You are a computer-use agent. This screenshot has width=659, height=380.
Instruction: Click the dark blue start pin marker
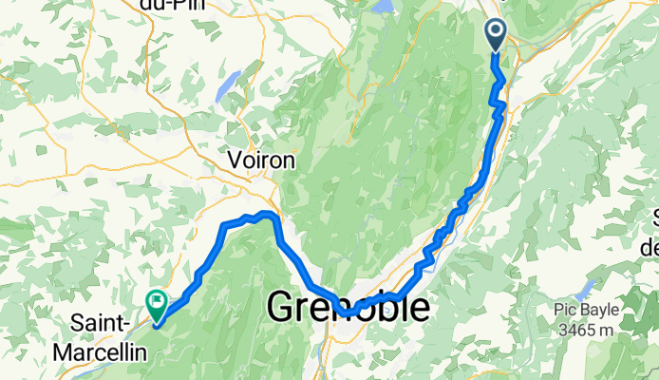pyautogui.click(x=497, y=34)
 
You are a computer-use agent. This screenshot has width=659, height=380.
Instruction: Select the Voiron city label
pyautogui.click(x=261, y=161)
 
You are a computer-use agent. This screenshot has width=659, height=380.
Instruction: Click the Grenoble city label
pyautogui.click(x=347, y=308)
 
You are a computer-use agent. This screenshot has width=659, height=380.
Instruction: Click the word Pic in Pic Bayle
pyautogui.click(x=569, y=310)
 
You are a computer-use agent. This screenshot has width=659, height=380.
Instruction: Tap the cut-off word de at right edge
pyautogui.click(x=650, y=248)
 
